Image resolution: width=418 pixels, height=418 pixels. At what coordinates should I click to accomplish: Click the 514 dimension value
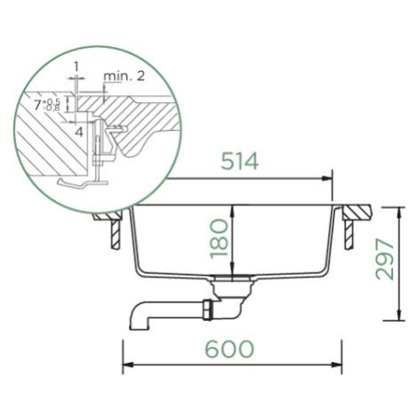coord(240,162)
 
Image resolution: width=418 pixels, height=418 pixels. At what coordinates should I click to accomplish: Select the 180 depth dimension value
coord(219,239)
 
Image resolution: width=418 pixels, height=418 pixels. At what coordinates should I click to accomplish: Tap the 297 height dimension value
coord(384,260)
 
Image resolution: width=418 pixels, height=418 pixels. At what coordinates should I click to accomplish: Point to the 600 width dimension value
coord(229,349)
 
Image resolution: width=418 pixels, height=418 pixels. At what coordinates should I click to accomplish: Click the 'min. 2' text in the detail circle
coord(124,76)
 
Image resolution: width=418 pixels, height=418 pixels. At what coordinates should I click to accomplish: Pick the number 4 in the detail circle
coord(79,132)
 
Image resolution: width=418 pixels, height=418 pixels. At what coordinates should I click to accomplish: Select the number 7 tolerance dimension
coord(47,105)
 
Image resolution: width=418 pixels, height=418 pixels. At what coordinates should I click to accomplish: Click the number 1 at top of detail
coord(76,67)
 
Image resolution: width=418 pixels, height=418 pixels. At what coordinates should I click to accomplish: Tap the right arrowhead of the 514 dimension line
coord(327,179)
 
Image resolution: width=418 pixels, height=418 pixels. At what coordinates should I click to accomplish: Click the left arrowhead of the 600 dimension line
coord(127,365)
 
